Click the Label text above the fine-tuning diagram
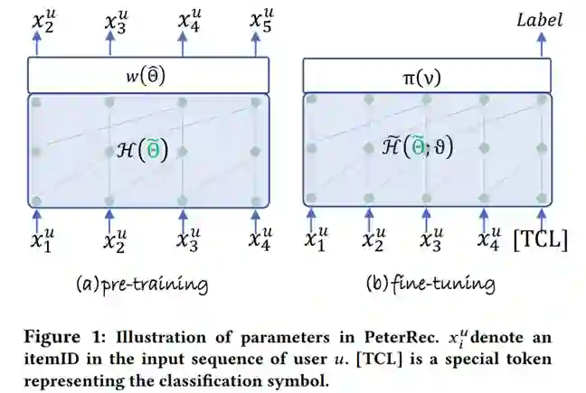(541, 19)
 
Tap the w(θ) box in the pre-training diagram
(147, 73)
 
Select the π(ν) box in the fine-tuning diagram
(425, 73)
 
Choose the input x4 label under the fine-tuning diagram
(488, 241)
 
